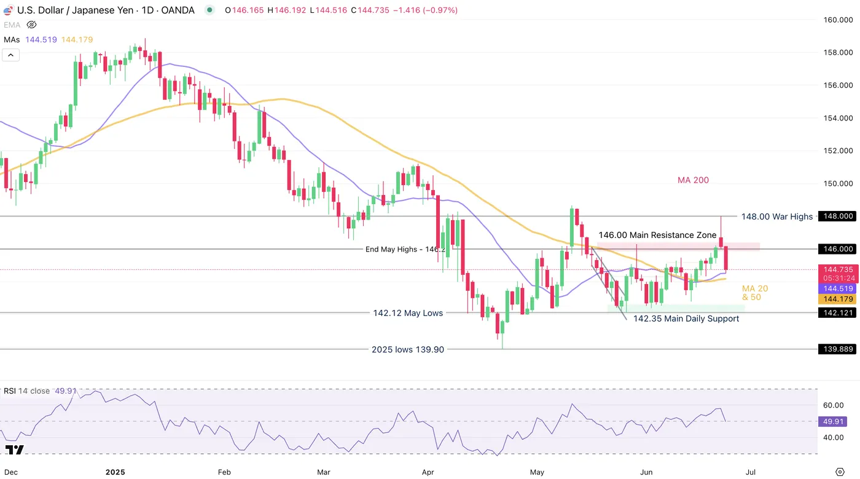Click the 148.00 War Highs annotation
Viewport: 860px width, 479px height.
pos(776,216)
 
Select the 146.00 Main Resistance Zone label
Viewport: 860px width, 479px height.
pos(657,235)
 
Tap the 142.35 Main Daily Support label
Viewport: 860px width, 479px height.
pos(686,319)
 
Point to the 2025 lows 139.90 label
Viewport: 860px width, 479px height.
pos(407,349)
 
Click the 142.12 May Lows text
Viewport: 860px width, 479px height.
pos(408,313)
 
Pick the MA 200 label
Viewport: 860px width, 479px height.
pos(693,180)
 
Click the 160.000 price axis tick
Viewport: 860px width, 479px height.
pos(838,20)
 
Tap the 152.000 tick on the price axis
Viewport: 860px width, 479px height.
pos(838,151)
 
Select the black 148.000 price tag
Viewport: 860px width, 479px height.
pos(838,216)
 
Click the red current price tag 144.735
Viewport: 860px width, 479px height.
pos(838,269)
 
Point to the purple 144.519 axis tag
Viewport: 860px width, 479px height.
pos(838,288)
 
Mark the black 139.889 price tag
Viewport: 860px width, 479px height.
pos(838,349)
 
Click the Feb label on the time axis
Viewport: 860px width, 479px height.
pos(224,472)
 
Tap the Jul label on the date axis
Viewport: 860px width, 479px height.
pos(751,472)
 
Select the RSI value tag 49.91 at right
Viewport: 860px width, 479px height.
pos(833,422)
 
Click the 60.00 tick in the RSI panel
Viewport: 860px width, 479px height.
pos(833,405)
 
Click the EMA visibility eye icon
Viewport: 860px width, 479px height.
pos(32,25)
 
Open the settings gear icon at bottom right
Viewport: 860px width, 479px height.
pos(840,472)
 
